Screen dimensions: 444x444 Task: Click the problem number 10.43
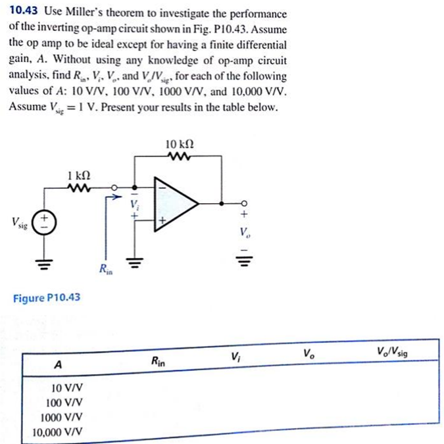click(x=24, y=13)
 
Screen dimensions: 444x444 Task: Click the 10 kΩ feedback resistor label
click(x=180, y=143)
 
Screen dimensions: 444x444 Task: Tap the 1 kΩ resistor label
click(x=79, y=176)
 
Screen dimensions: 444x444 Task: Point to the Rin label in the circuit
click(x=105, y=268)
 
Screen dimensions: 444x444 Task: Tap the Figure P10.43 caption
click(x=47, y=298)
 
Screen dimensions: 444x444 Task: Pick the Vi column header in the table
click(x=235, y=358)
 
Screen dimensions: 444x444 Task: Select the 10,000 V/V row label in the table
click(x=58, y=432)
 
